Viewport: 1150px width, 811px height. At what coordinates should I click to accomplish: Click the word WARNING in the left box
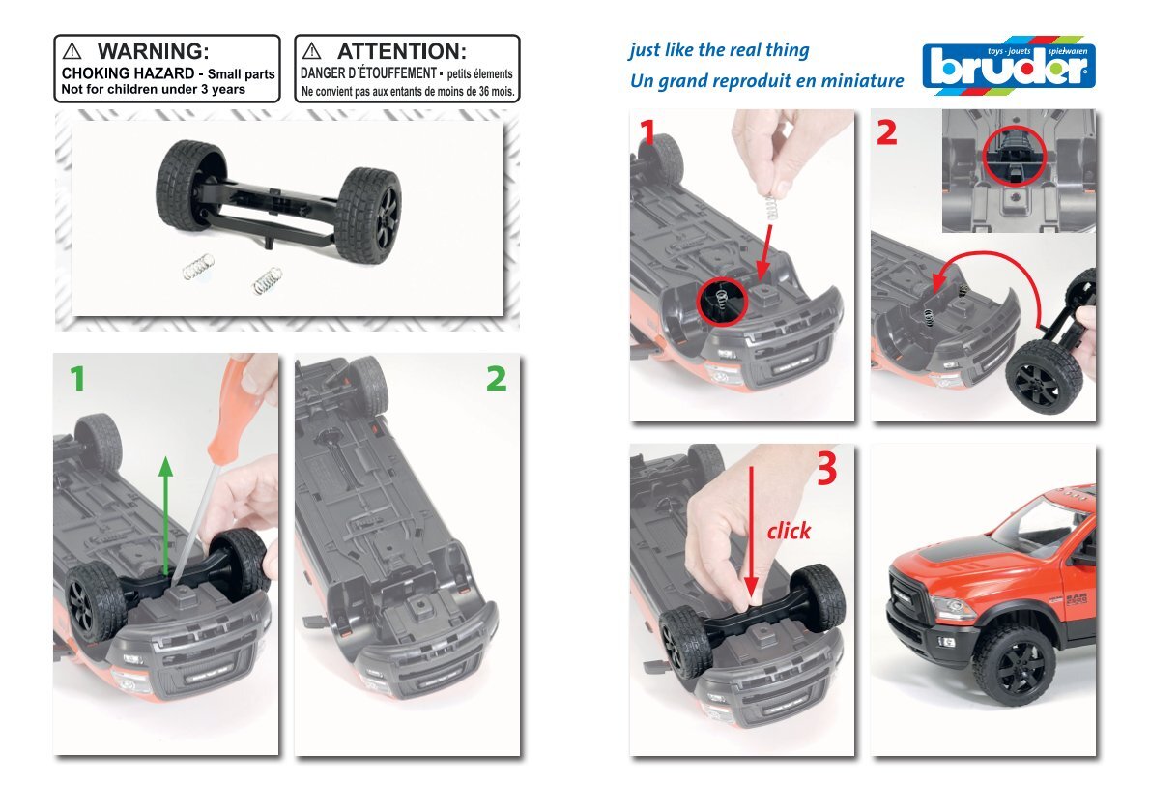(x=154, y=51)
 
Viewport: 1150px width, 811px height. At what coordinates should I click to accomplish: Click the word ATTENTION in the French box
(x=401, y=51)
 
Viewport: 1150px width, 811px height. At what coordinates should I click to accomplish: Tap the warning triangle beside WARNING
(x=72, y=50)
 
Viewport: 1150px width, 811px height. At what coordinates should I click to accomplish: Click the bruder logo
(x=1009, y=66)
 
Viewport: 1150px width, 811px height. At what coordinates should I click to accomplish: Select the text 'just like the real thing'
(x=719, y=50)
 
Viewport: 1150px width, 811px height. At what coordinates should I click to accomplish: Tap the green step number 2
(x=497, y=379)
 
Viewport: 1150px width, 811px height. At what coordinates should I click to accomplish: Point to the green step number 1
(x=77, y=379)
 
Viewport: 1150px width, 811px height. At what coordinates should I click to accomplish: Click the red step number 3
(x=826, y=468)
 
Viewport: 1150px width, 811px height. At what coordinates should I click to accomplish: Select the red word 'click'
(x=790, y=530)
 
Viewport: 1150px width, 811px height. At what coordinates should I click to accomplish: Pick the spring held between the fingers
(x=770, y=208)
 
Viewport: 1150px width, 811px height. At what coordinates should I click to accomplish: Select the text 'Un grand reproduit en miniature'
(x=766, y=80)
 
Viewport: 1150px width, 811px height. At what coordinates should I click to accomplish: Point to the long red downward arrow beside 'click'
(x=751, y=533)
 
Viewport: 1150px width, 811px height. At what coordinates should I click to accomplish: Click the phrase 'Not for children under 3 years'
(x=154, y=90)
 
